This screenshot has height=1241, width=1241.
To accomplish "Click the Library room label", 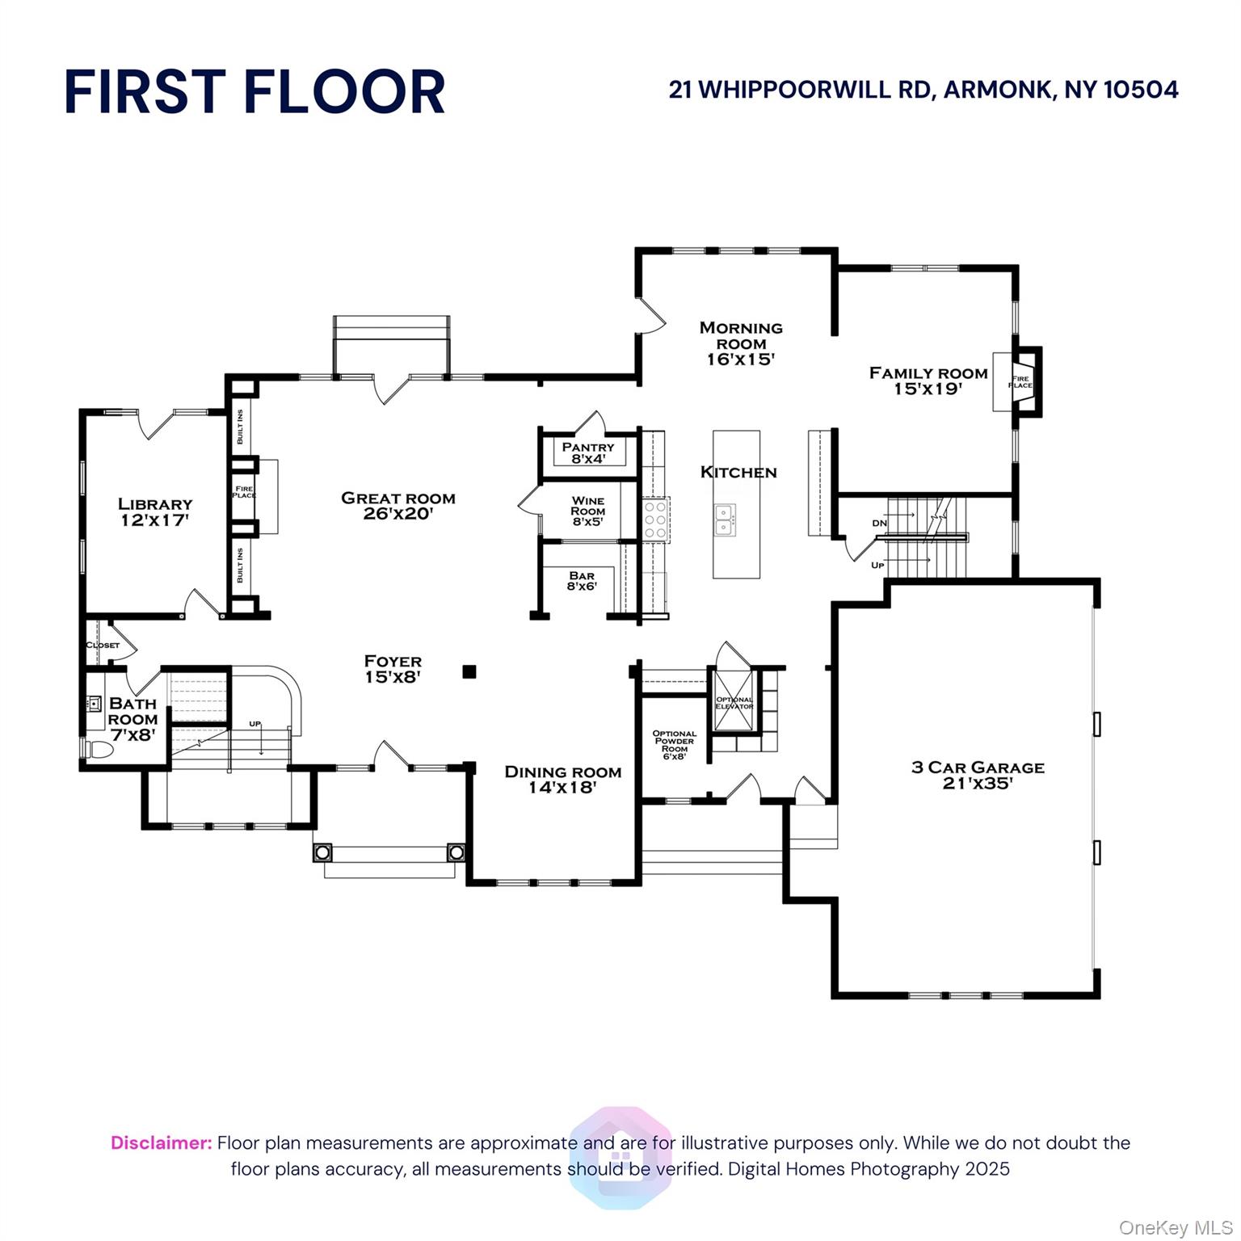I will (155, 504).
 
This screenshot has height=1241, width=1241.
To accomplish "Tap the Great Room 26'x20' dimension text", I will (398, 513).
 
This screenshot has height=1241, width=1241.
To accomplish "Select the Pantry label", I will (588, 447).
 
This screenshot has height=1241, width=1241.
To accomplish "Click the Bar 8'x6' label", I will (582, 581).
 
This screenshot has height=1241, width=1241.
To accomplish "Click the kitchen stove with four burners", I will (655, 520).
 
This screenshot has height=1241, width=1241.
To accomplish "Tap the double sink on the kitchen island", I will (724, 520).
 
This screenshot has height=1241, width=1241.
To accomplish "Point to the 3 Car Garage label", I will (978, 768).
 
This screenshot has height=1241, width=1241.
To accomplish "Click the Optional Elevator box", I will (734, 703).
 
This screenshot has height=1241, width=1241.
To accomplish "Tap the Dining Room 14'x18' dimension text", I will (563, 787).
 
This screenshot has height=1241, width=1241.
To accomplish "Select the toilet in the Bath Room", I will (99, 749).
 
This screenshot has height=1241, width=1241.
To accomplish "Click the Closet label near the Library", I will (103, 645).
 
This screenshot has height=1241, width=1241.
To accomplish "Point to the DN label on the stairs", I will (880, 524).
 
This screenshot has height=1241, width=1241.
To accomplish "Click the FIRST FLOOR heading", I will (255, 91).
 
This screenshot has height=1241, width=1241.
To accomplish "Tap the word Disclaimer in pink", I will (161, 1143).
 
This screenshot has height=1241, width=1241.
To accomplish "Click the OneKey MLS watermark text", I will (1175, 1227).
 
